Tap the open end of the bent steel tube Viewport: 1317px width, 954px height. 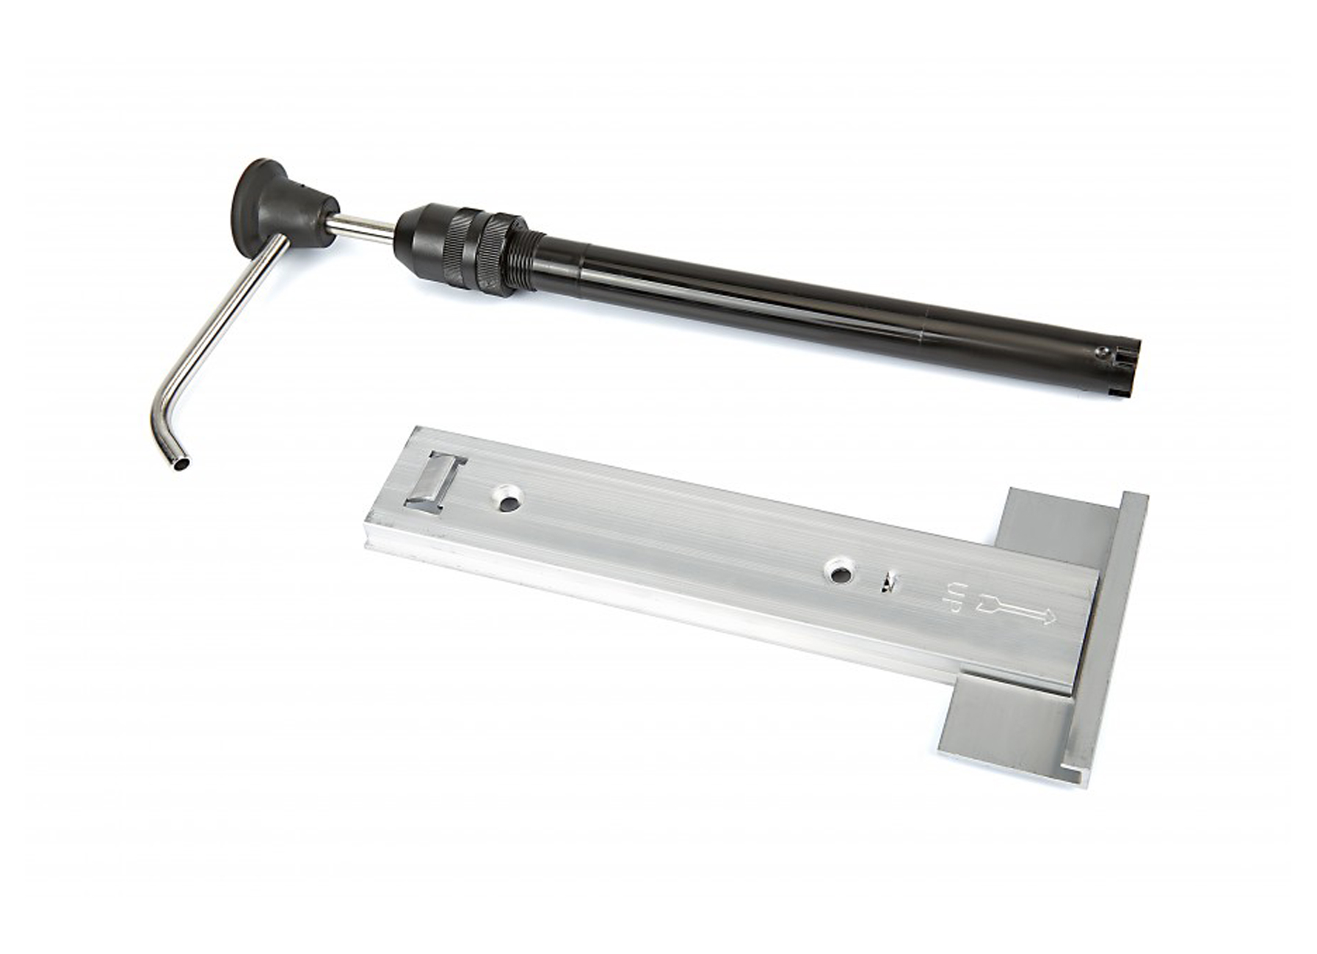pyautogui.click(x=182, y=464)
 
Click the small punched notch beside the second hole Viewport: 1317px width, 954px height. pyautogui.click(x=890, y=580)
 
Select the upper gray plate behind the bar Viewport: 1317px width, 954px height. pyautogui.click(x=1057, y=522)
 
